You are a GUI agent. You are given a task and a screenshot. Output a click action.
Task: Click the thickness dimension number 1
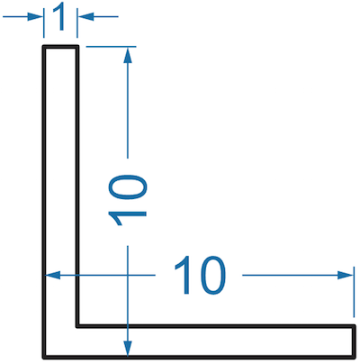click(60, 16)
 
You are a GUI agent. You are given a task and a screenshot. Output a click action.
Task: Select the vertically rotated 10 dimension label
click(127, 200)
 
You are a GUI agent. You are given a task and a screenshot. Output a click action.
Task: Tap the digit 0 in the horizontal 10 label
click(211, 275)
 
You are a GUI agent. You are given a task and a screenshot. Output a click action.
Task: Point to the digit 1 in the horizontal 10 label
click(184, 275)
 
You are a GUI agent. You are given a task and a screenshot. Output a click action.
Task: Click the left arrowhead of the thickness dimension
click(35, 16)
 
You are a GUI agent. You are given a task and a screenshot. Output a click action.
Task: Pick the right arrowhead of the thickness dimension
click(85, 16)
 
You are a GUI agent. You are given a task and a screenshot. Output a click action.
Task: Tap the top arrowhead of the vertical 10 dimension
click(128, 55)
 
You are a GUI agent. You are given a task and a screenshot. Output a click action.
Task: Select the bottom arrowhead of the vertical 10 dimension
click(128, 349)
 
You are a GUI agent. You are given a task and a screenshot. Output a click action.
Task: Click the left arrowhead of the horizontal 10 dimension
click(53, 275)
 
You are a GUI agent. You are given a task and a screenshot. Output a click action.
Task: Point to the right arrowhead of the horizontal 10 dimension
click(346, 275)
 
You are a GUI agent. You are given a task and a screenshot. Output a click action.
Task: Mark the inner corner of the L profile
click(77, 326)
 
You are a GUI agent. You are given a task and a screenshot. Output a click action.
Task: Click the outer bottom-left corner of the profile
click(44, 357)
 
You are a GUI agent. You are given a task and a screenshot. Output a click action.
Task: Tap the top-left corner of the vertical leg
click(44, 47)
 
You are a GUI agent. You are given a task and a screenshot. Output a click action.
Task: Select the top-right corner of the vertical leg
click(77, 47)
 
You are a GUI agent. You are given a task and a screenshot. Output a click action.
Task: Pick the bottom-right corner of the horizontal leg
click(354, 357)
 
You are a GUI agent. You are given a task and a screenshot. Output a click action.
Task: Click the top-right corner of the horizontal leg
click(354, 326)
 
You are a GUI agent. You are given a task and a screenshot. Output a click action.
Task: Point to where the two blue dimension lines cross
click(128, 275)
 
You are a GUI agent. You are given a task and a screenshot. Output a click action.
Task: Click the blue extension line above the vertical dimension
click(111, 47)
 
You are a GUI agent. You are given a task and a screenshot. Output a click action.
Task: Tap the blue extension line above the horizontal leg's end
click(354, 291)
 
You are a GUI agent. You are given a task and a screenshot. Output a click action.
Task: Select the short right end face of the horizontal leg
click(354, 341)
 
